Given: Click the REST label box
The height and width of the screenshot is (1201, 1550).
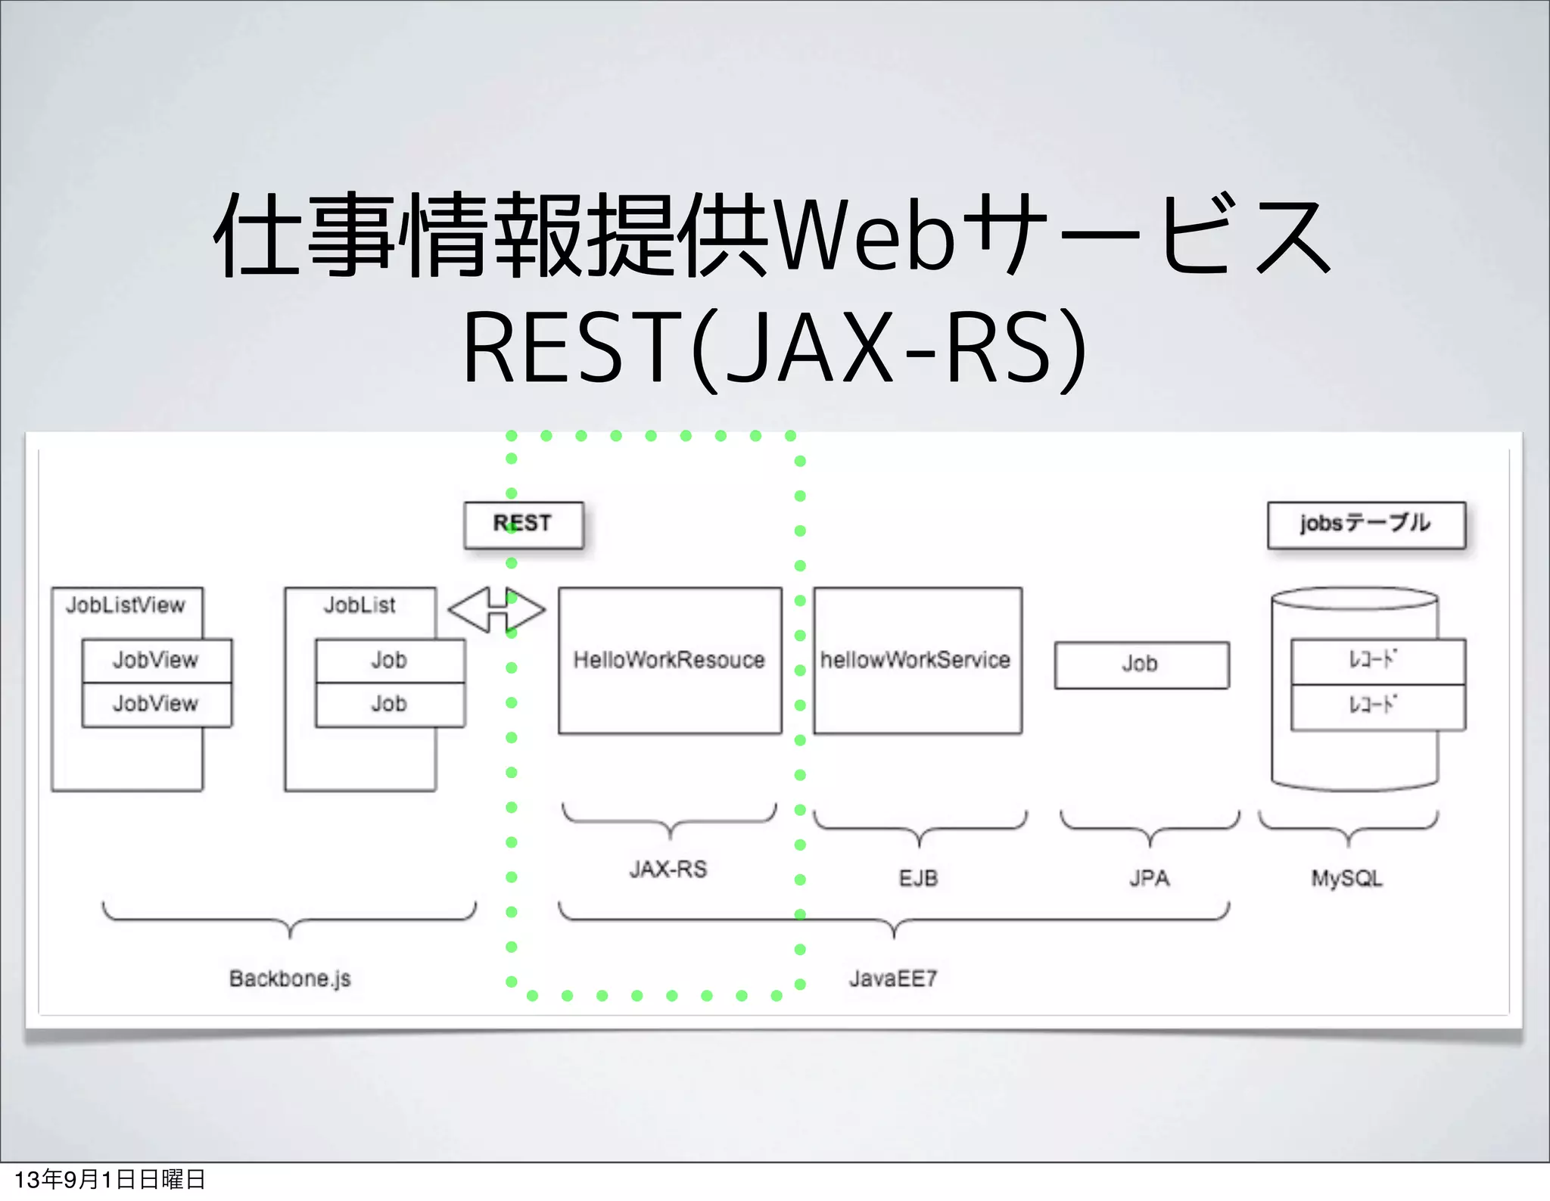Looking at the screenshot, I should [523, 524].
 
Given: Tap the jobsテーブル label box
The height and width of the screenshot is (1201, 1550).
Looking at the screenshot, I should [1366, 524].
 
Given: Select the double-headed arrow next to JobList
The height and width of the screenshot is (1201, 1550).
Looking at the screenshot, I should [496, 610].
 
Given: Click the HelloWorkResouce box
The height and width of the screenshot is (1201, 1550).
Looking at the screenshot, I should [670, 660].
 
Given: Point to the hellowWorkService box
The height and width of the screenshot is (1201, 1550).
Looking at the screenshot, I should [917, 660].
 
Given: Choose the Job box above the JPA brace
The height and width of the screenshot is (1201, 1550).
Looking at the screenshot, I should [1141, 664].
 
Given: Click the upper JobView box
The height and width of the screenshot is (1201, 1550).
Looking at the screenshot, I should [157, 660].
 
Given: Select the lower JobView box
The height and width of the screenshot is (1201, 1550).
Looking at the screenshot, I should [157, 704].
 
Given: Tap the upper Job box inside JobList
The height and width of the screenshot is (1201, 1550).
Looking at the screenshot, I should [390, 660].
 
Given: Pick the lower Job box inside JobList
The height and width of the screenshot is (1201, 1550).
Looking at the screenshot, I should [390, 704].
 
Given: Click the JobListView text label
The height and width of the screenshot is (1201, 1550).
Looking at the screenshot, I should [126, 605].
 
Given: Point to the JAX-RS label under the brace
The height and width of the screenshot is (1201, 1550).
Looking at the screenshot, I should [668, 869].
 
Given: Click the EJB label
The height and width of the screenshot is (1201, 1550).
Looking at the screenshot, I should [918, 878].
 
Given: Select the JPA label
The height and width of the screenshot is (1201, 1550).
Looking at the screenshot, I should [1150, 878].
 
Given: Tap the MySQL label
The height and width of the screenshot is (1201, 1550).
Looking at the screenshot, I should [1346, 878].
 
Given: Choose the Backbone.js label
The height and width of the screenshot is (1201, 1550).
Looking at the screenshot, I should [290, 979].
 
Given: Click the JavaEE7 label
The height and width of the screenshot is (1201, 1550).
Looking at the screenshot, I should [893, 979].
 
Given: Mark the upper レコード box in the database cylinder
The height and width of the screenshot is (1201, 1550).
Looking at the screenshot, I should [1377, 661].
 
